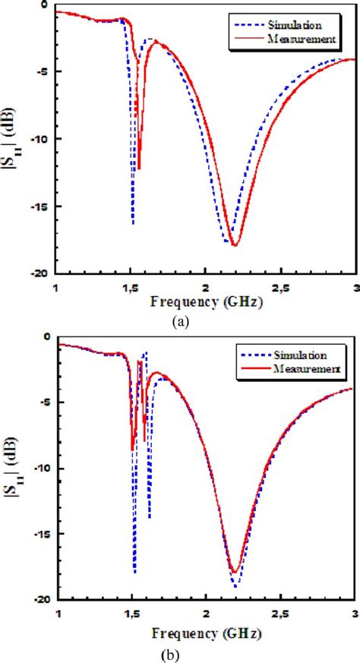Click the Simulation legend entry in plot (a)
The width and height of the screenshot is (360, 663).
click(302, 16)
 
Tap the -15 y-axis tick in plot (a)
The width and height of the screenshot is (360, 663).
click(39, 207)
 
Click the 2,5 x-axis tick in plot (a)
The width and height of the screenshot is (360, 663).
click(281, 288)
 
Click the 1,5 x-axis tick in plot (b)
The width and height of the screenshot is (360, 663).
click(131, 613)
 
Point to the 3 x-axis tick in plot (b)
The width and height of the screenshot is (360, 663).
click(355, 613)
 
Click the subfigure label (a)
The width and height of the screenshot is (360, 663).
click(180, 322)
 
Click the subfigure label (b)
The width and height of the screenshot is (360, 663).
click(180, 650)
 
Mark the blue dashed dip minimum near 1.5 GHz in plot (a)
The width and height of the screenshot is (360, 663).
click(133, 224)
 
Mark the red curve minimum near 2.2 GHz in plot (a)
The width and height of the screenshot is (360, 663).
click(235, 245)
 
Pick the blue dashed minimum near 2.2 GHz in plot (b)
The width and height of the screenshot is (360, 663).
click(235, 586)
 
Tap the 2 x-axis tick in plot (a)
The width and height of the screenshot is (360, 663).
click(206, 288)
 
